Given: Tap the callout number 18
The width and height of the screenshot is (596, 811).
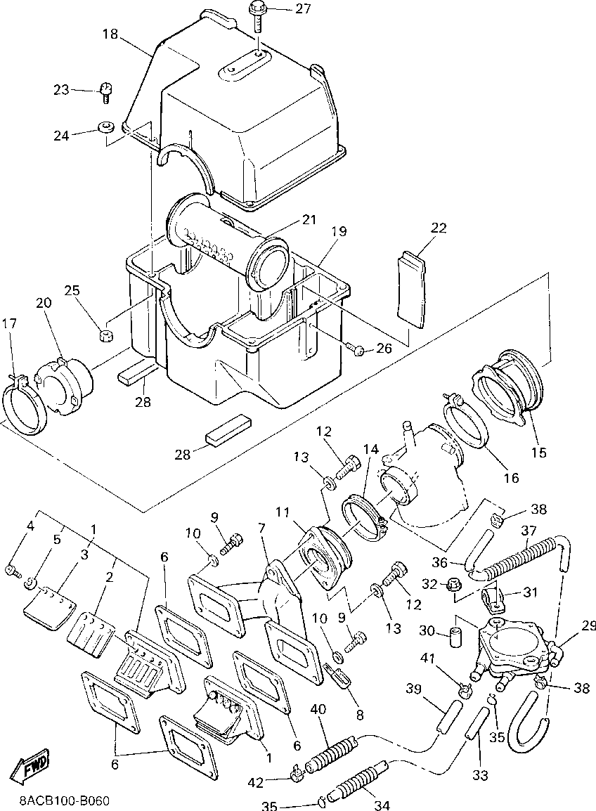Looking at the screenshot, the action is click(x=110, y=34).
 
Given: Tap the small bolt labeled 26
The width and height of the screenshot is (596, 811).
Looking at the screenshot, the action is click(x=356, y=349).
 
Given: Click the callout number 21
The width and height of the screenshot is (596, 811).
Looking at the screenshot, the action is click(x=309, y=220).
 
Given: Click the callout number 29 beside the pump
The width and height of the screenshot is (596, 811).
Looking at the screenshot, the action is click(x=588, y=626).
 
